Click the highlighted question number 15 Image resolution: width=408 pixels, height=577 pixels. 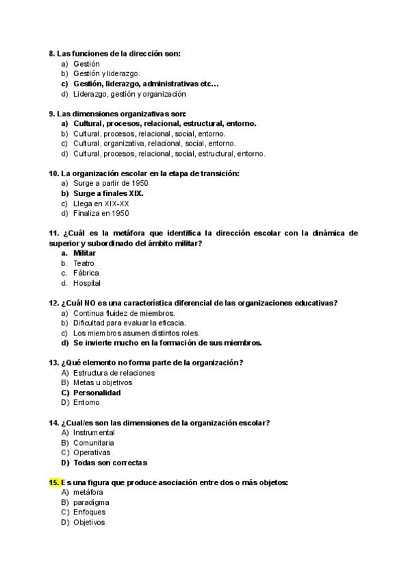tap(55, 482)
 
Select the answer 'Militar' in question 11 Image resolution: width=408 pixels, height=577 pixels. tap(84, 253)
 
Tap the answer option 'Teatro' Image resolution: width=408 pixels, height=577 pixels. tap(84, 263)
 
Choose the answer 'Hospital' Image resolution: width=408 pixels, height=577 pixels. tap(87, 283)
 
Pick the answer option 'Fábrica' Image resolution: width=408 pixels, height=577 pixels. tap(86, 273)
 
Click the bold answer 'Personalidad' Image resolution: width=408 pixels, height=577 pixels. tap(97, 393)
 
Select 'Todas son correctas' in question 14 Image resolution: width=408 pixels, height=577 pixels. tap(110, 463)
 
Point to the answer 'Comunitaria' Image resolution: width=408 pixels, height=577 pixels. tap(94, 443)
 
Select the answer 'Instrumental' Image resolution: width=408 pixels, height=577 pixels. tap(95, 433)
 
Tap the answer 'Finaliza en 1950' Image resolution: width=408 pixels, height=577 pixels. tap(101, 213)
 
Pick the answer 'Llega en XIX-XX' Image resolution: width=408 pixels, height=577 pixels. tap(101, 203)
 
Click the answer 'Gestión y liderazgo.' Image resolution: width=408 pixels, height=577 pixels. tap(107, 73)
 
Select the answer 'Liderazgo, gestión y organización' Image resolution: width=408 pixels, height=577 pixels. tap(130, 94)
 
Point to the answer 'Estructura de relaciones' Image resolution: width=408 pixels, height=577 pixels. tap(114, 373)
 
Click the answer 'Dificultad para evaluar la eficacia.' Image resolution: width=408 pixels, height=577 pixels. tap(130, 323)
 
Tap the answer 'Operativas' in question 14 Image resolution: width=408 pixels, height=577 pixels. tap(92, 452)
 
